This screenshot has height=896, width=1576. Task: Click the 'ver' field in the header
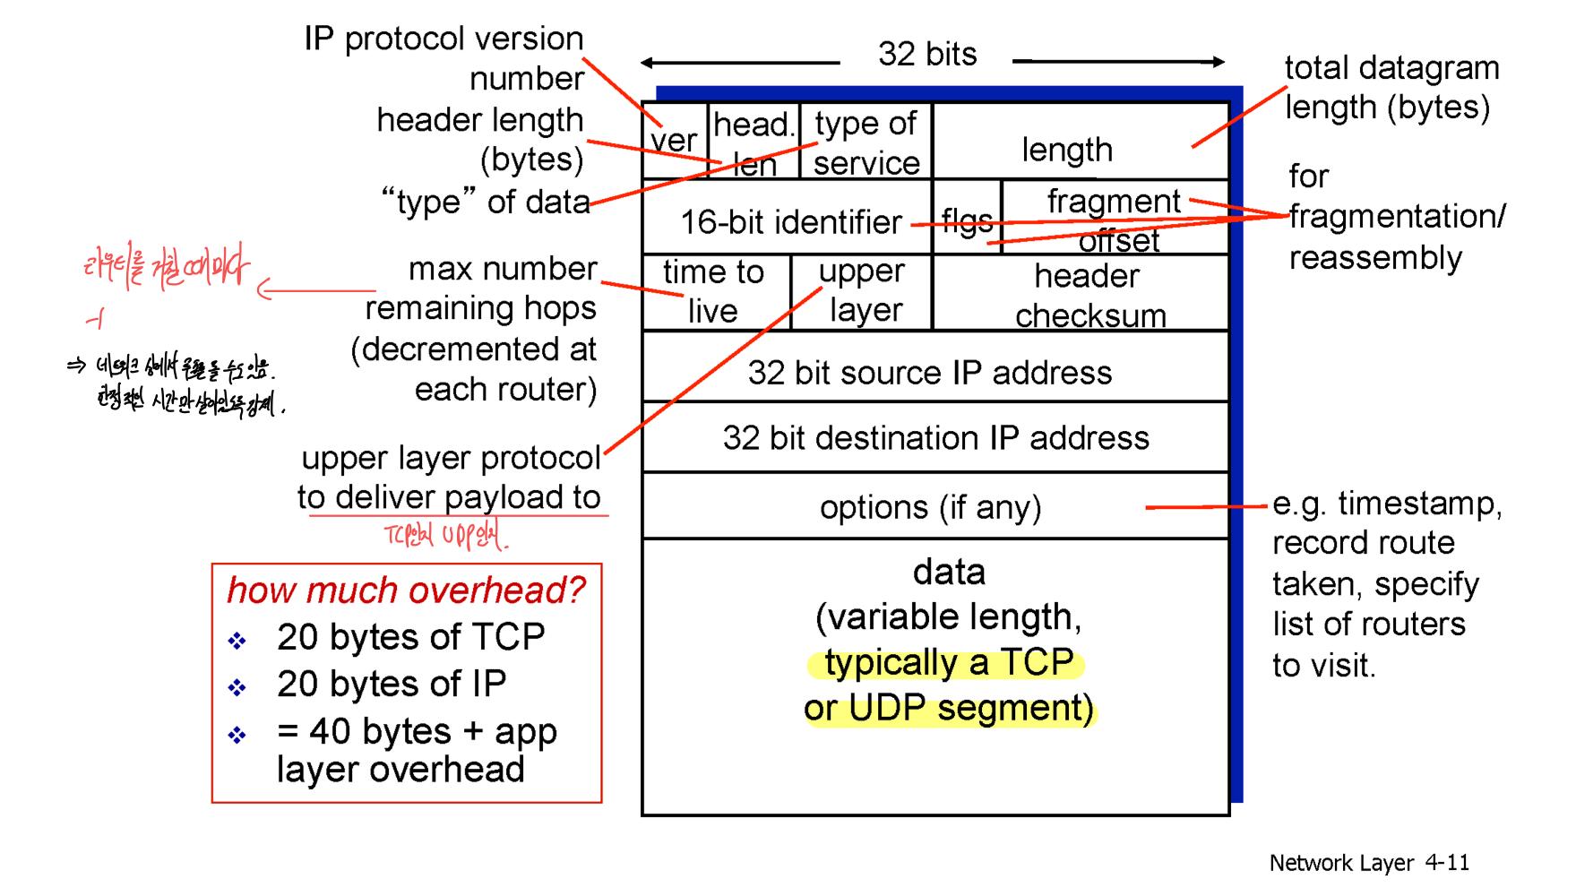(x=674, y=142)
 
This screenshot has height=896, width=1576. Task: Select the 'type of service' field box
(x=866, y=142)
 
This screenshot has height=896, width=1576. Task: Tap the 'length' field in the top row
(x=1067, y=149)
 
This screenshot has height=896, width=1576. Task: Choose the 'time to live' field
(x=714, y=291)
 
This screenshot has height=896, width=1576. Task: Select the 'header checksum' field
(x=1088, y=295)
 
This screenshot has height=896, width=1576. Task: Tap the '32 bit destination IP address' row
(x=935, y=438)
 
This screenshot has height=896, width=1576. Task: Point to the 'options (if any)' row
(x=930, y=507)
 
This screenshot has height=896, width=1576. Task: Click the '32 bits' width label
(x=927, y=55)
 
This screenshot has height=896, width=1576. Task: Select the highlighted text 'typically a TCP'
(x=948, y=663)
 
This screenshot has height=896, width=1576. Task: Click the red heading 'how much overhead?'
(x=405, y=590)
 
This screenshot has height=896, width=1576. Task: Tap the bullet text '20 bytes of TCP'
(x=410, y=637)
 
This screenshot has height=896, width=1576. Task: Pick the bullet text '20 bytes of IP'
(x=392, y=685)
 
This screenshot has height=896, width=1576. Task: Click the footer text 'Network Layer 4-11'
(x=1368, y=863)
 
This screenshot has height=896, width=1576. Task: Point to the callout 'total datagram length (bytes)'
(x=1390, y=88)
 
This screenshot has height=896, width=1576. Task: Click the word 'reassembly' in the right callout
(x=1374, y=258)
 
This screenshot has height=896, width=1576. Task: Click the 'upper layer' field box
(x=862, y=291)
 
